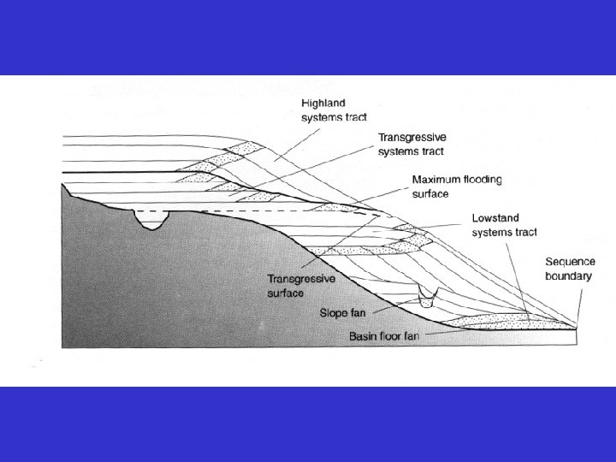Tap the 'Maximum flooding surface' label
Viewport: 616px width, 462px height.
(x=457, y=186)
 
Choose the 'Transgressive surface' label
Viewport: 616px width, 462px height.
(x=301, y=286)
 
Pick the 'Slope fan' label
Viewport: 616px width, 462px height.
(x=342, y=312)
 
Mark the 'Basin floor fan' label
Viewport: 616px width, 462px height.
(x=385, y=336)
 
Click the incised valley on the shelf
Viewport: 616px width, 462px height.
(x=151, y=221)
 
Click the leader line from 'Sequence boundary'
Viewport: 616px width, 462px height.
(x=580, y=304)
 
